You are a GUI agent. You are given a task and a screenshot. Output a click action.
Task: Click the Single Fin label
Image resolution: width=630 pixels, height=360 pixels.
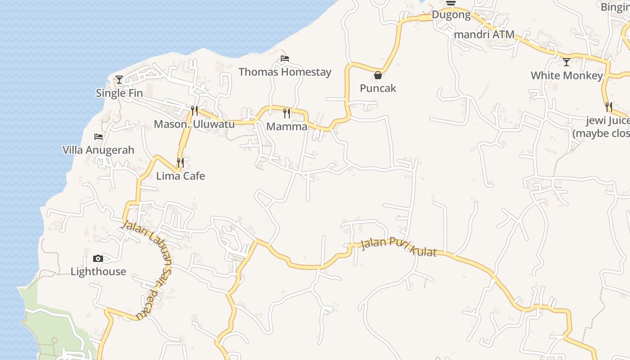tap(119, 93)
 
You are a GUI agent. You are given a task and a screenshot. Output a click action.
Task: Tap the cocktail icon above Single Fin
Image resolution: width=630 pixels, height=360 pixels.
tap(119, 80)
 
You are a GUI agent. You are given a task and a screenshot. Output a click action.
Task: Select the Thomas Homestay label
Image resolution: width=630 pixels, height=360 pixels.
tap(285, 72)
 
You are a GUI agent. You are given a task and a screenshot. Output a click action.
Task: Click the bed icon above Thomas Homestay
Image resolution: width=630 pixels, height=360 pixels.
tap(284, 58)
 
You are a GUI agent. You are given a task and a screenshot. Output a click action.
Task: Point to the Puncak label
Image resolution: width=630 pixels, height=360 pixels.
tap(378, 88)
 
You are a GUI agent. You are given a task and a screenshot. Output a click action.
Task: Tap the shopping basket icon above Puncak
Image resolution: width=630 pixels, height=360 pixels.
tap(378, 75)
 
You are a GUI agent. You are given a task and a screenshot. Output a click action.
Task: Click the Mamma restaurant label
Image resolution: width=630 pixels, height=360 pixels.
tap(287, 126)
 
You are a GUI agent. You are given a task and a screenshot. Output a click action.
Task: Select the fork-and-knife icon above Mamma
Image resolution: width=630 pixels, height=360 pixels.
tap(287, 113)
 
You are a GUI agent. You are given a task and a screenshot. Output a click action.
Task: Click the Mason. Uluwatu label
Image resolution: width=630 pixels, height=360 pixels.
tap(194, 124)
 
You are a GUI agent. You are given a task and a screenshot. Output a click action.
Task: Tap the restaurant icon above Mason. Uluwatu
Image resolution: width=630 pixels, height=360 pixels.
tap(194, 110)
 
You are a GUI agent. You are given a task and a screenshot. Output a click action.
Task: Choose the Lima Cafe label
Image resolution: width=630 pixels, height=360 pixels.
tap(180, 176)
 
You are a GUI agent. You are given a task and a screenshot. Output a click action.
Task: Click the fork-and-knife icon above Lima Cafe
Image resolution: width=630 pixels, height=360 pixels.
tap(180, 162)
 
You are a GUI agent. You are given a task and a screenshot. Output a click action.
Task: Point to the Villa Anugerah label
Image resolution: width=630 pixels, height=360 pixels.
tap(98, 150)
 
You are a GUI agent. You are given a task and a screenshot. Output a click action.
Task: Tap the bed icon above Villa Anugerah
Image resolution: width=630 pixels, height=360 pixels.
tap(98, 136)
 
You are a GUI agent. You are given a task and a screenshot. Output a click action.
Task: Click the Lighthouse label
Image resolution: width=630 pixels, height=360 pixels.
tap(98, 272)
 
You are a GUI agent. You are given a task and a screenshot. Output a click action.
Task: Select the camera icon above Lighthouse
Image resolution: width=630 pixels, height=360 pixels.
tap(98, 258)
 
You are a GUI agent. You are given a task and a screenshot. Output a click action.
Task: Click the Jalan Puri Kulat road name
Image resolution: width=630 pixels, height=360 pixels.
tap(399, 247)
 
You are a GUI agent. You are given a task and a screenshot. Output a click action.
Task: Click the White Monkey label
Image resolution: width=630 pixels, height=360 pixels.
tap(567, 76)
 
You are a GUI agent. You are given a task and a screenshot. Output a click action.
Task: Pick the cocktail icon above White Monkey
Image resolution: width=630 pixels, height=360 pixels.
tap(567, 62)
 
